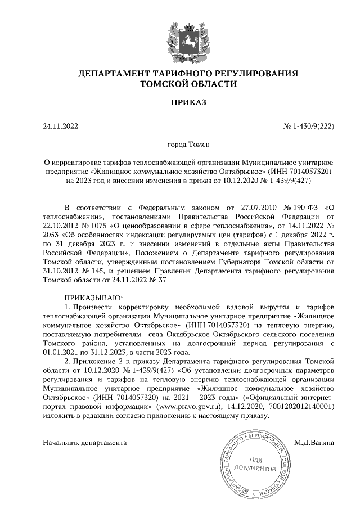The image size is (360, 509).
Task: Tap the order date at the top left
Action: (x=60, y=127)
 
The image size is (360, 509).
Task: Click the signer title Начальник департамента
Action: (x=85, y=443)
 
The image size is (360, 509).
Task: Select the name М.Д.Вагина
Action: (x=314, y=443)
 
